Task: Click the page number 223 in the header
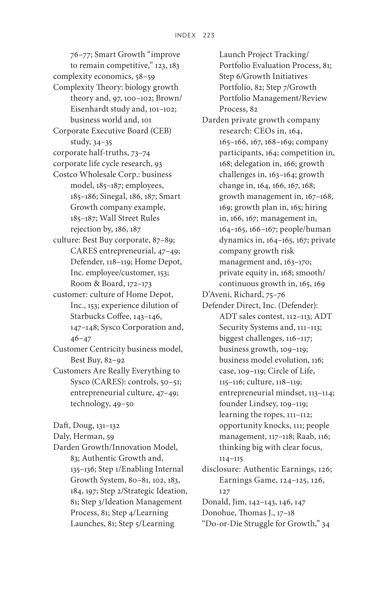tap(209, 35)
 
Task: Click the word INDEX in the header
tap(185, 35)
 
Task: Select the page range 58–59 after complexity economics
tap(145, 76)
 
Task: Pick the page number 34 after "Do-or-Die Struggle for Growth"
tap(326, 524)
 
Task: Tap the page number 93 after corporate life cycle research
tap(158, 164)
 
